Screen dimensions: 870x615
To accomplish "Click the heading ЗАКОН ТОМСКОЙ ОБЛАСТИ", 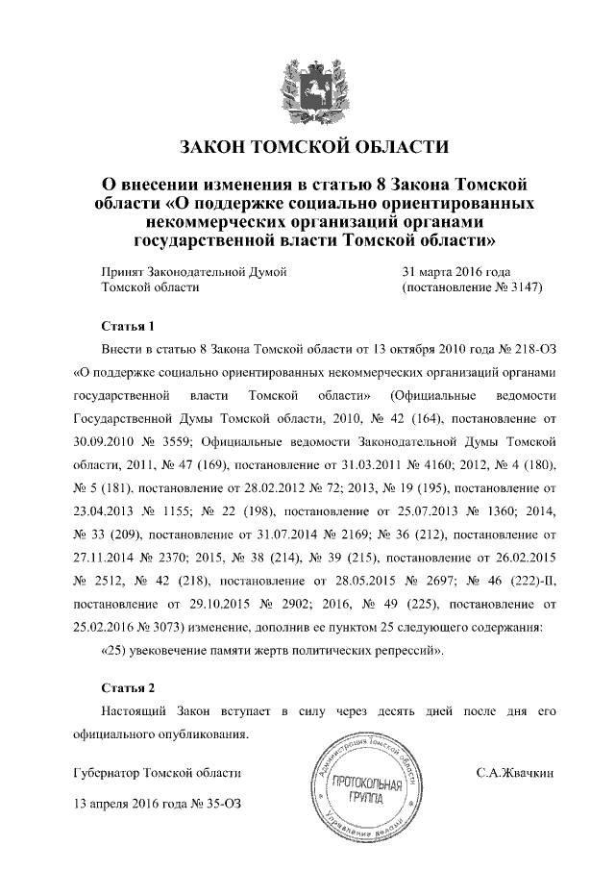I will click(315, 148).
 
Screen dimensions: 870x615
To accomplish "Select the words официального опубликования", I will click(160, 735).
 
